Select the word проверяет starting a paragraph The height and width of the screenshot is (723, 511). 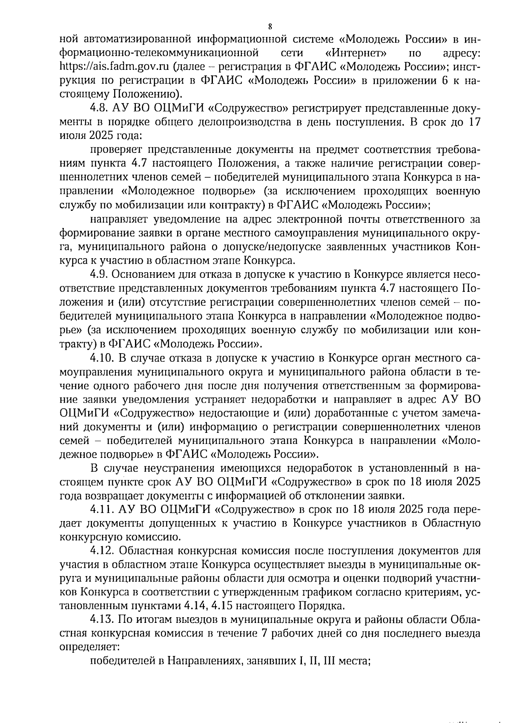click(x=115, y=150)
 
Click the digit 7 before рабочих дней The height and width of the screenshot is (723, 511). click(x=264, y=634)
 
